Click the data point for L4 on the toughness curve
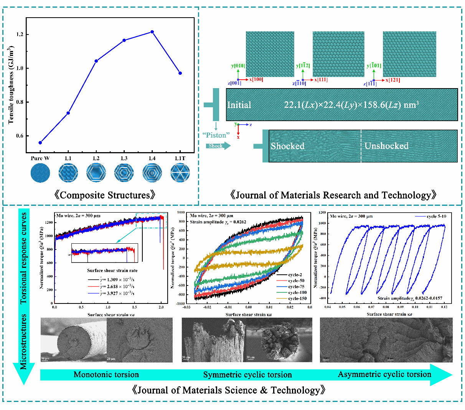(152, 32)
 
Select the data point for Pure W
(40, 143)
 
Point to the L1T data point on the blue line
(180, 73)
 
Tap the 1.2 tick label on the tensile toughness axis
(20, 34)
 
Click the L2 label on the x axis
(96, 158)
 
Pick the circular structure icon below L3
(124, 173)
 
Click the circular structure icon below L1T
(180, 173)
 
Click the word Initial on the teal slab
(239, 105)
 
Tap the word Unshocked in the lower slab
(386, 146)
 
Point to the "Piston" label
(216, 135)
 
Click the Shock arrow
(218, 146)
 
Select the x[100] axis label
(256, 80)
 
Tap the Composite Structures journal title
(105, 195)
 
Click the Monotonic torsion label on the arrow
(106, 375)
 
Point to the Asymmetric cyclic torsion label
(384, 374)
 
